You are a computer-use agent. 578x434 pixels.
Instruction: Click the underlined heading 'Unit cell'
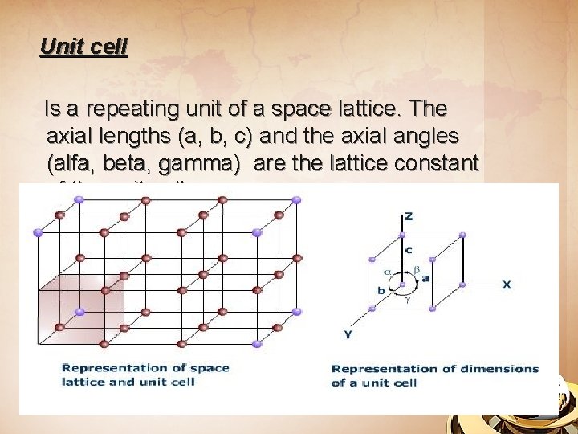tap(83, 47)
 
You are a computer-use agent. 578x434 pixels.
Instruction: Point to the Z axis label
tap(409, 217)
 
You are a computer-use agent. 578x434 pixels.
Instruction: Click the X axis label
tap(507, 285)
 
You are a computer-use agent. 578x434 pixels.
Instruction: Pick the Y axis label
tap(348, 334)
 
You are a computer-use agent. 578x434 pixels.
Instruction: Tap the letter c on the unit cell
tap(408, 250)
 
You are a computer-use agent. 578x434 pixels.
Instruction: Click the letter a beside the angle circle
tap(425, 278)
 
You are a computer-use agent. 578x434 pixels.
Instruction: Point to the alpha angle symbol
tap(387, 272)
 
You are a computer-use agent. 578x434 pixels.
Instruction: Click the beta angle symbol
tap(417, 268)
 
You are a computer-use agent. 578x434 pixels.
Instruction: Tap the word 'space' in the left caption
tap(212, 368)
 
